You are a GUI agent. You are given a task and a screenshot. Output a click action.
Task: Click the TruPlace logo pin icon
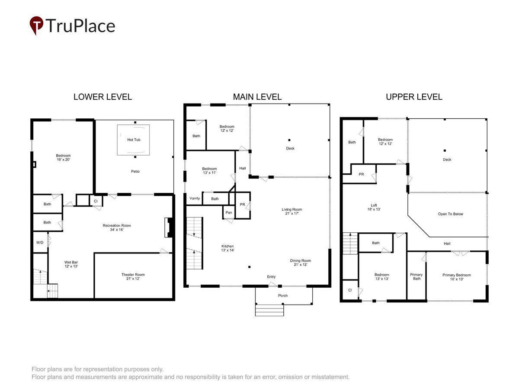(36, 25)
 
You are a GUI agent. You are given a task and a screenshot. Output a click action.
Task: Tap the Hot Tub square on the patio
(133, 140)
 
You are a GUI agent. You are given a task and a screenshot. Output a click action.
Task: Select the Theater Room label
(133, 276)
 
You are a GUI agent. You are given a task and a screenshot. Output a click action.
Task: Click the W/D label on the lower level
(40, 243)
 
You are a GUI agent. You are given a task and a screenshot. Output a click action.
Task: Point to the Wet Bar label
(71, 264)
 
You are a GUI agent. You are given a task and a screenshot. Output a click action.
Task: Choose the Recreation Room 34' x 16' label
(117, 227)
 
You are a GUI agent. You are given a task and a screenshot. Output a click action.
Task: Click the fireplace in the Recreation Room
(169, 227)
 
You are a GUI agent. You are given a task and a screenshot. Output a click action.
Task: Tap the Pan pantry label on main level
(229, 212)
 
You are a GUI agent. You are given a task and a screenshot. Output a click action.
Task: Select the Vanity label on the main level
(195, 198)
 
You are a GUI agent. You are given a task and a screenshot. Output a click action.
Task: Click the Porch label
(283, 296)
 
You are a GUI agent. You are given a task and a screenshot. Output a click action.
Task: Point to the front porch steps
(269, 310)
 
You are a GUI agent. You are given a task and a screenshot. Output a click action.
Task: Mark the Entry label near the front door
(271, 276)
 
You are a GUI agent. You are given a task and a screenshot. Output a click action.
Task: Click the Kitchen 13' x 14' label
(227, 248)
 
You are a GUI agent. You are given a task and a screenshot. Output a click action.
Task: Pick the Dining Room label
(301, 262)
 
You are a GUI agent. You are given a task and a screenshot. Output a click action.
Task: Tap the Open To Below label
(450, 214)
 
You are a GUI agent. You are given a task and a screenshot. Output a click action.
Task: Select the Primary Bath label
(416, 276)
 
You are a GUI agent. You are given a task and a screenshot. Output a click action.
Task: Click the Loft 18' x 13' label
(374, 207)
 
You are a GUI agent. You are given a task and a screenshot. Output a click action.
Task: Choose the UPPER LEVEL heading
(414, 97)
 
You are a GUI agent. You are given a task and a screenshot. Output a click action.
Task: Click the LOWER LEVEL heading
(103, 97)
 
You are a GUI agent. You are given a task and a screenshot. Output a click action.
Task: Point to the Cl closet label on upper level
(350, 290)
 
